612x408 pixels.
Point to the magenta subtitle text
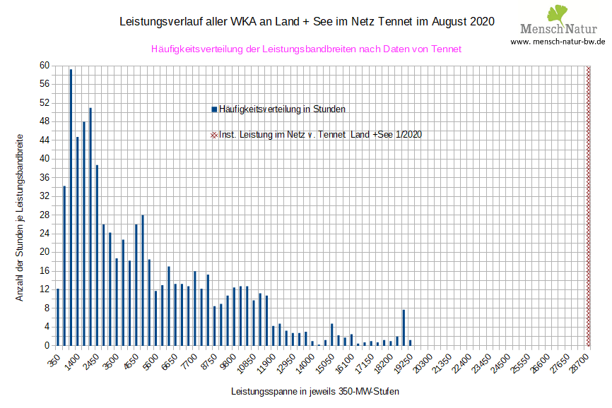[306, 49]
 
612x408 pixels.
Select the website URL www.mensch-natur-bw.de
[558, 42]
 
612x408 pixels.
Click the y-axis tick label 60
[44, 66]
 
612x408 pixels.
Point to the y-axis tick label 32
[44, 196]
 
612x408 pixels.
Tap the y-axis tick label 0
[47, 345]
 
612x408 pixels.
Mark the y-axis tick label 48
[44, 121]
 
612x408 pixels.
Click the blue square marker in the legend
[214, 109]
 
